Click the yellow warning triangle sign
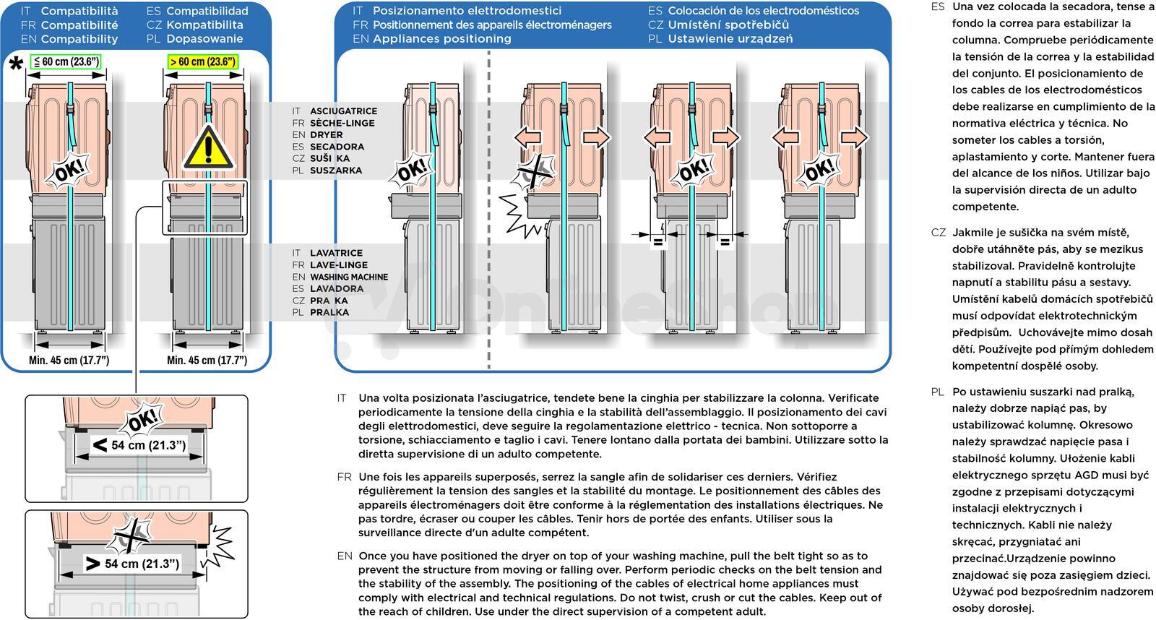pos(208,147)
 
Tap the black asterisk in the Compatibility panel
pos(16,64)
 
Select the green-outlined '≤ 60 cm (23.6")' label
pos(66,61)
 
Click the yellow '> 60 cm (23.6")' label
pos(203,61)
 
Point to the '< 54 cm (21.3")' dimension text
pos(139,444)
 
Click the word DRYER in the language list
pos(326,134)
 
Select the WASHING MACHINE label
pos(349,277)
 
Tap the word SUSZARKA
pos(336,171)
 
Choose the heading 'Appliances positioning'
pos(441,39)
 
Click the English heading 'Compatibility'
pos(79,39)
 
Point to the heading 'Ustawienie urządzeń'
pos(730,39)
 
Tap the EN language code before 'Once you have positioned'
pos(345,556)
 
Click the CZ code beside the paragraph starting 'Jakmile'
pos(939,232)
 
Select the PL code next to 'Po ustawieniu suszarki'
pos(938,392)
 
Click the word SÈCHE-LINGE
pos(342,123)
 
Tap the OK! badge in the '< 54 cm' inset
pos(142,419)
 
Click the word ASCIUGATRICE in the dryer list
pos(344,111)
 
